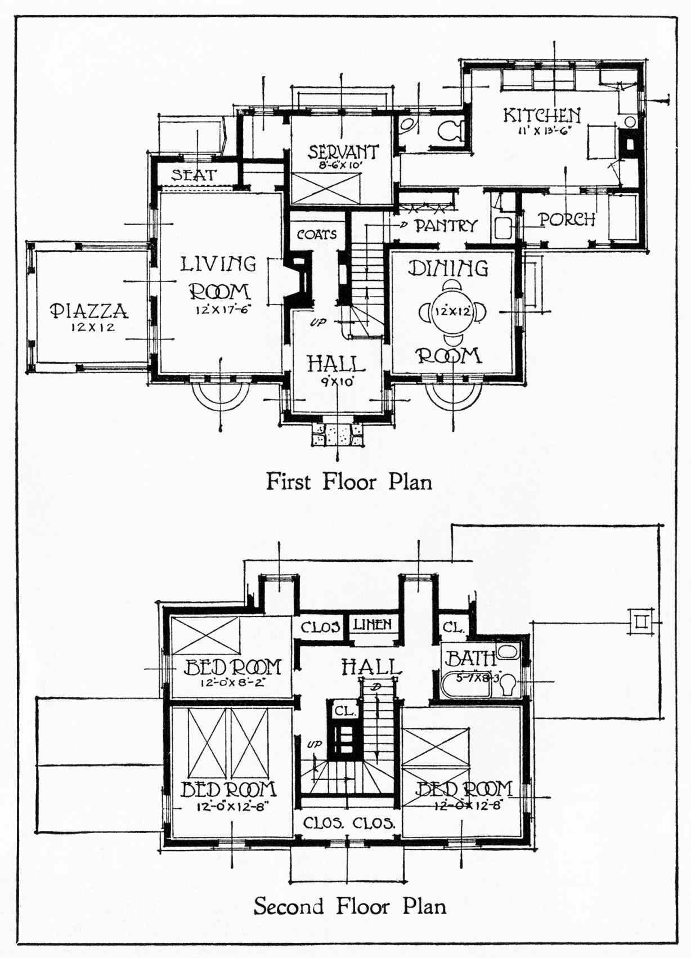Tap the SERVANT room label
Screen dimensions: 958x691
point(343,152)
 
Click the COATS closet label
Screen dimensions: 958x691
point(317,234)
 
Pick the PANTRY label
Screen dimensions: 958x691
point(446,226)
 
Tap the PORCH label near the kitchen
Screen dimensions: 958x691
point(567,219)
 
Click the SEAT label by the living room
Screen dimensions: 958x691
point(194,175)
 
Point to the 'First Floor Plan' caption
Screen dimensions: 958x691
point(349,482)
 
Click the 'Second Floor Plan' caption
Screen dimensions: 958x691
point(349,906)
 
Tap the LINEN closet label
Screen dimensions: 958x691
point(372,624)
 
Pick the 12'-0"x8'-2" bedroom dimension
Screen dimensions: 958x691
point(232,683)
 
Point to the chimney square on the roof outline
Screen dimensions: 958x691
point(640,622)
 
